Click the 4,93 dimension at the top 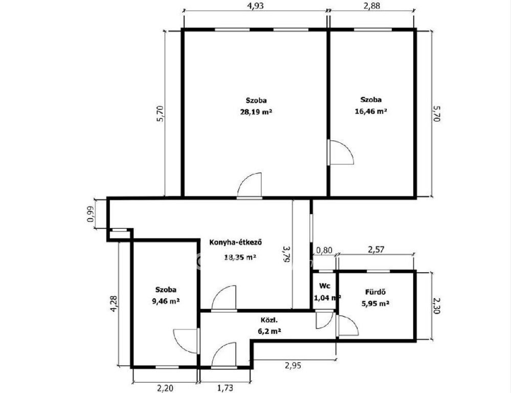[x=255, y=6]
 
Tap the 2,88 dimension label [x=372, y=6]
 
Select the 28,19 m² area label [x=256, y=112]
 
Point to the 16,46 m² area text [x=371, y=111]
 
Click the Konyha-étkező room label [x=236, y=243]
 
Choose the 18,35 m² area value [x=240, y=257]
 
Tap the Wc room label [x=325, y=286]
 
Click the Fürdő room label [x=375, y=292]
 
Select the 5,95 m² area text [x=375, y=303]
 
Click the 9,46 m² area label [x=166, y=301]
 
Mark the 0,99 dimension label [x=91, y=214]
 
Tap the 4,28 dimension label [x=114, y=303]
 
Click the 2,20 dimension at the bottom [x=166, y=388]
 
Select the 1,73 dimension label [x=225, y=388]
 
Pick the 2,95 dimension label [x=293, y=365]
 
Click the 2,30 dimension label [x=437, y=306]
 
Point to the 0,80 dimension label [x=325, y=250]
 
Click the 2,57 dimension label [x=376, y=250]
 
